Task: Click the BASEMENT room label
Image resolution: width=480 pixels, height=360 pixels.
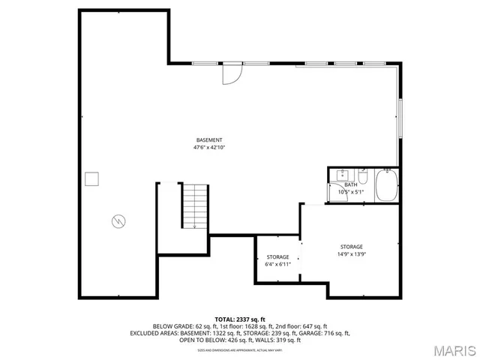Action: point(209,140)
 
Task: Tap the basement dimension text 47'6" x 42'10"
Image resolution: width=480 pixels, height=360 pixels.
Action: point(209,148)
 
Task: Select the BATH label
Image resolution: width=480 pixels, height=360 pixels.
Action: point(350,184)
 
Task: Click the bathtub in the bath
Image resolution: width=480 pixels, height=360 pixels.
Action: point(386,186)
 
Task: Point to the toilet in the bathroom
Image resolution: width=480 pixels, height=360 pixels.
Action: point(363,178)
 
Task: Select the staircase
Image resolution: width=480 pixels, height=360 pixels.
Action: point(194,205)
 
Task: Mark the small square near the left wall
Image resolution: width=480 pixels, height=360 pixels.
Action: point(92,178)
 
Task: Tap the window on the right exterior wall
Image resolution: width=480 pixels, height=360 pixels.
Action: point(400,116)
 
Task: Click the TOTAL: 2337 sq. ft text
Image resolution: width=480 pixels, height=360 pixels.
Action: point(240,319)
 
